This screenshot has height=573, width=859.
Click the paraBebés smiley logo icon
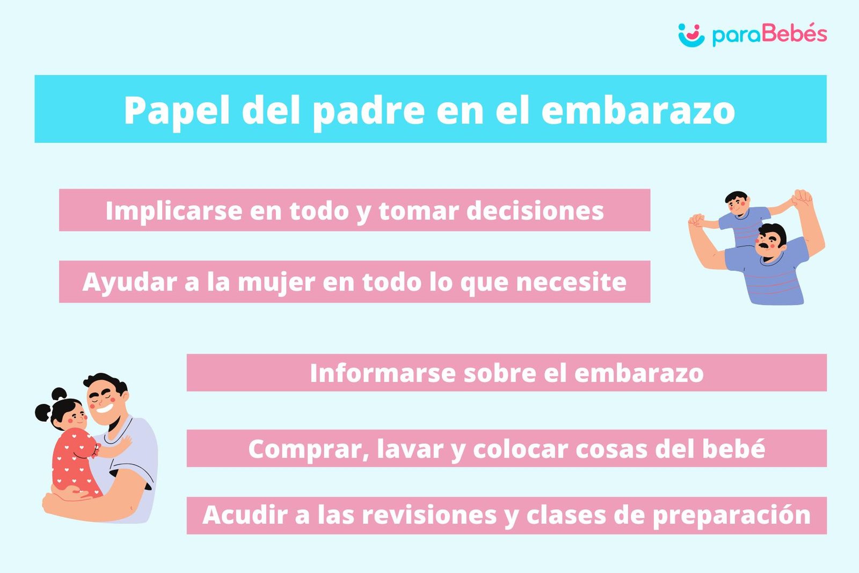[x=691, y=35]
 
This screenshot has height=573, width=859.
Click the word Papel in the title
[x=177, y=111]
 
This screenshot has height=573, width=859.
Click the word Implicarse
[x=174, y=212]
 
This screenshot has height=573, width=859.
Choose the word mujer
[x=276, y=282]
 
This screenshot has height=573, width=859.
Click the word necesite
[x=571, y=282]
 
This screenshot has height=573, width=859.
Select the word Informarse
[x=382, y=373]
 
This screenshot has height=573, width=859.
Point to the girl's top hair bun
[x=59, y=394]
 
